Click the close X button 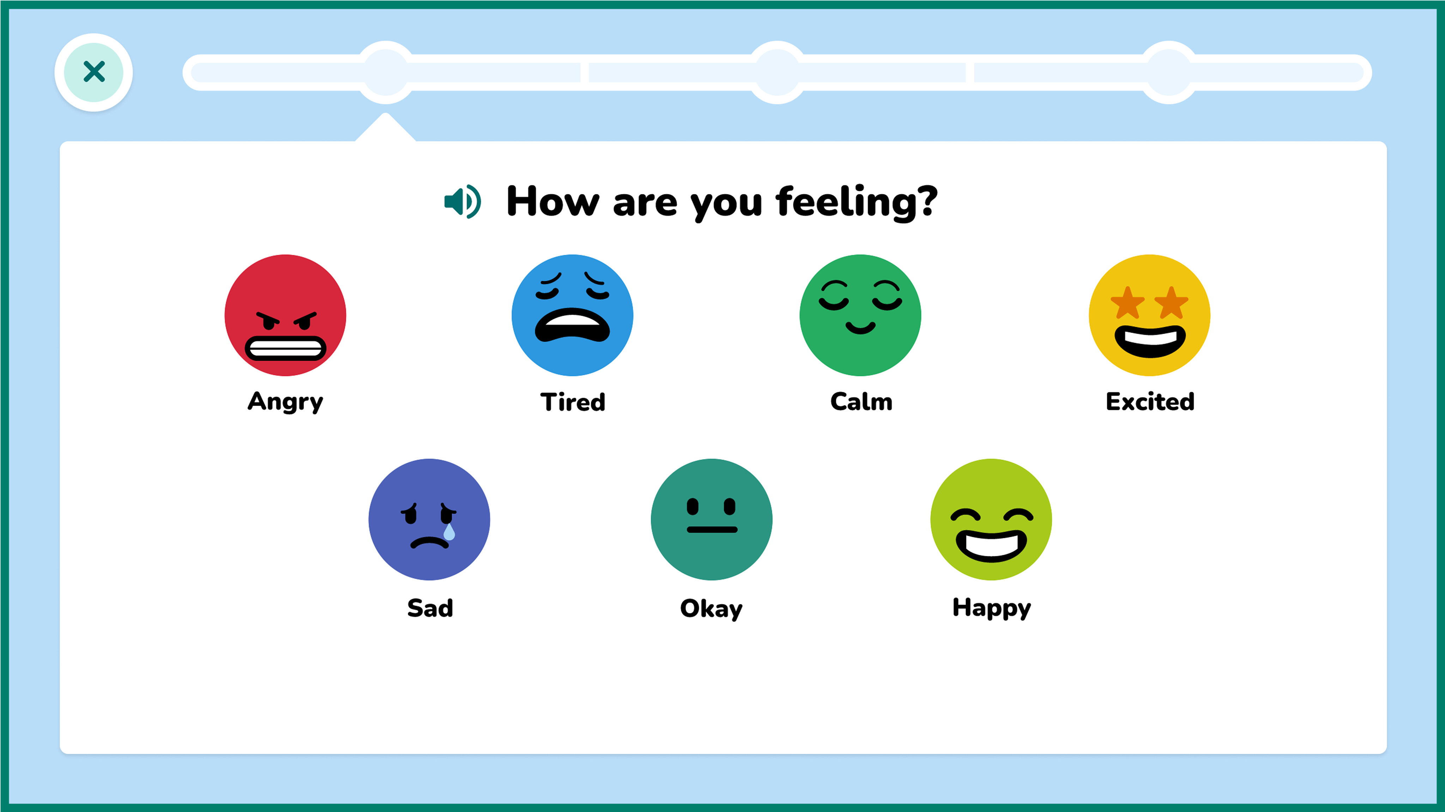pos(94,72)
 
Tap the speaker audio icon pos(462,201)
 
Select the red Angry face pos(285,315)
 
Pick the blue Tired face pos(572,315)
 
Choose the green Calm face pos(860,315)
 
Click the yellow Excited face pos(1149,315)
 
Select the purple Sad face pos(429,519)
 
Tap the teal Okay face pos(711,519)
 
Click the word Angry pos(285,401)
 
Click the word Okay pos(711,608)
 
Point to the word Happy pos(992,608)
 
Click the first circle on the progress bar pos(385,72)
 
